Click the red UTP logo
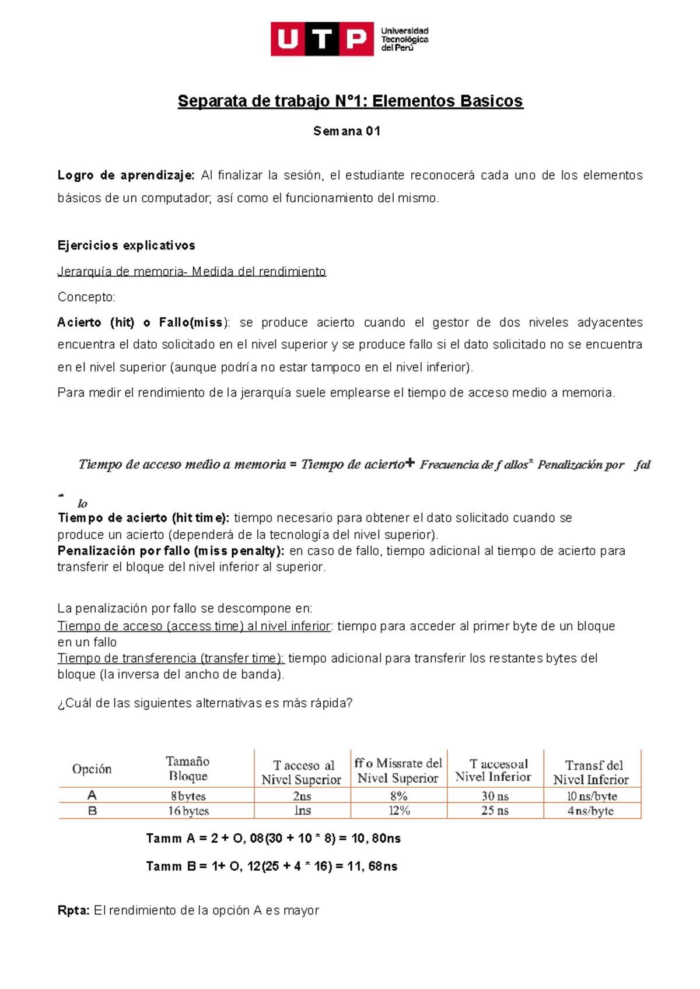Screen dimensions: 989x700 [321, 39]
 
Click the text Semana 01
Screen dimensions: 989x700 [346, 131]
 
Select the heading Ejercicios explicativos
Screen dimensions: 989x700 [126, 246]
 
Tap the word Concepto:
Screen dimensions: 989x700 [86, 297]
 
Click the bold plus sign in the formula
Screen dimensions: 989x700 [409, 463]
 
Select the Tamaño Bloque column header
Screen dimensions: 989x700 [187, 769]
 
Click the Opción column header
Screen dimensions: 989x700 [92, 769]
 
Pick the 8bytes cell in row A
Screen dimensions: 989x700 [188, 796]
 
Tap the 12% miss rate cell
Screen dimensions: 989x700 [399, 811]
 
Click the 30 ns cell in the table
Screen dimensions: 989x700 [495, 796]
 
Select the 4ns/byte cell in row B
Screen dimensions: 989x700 [590, 811]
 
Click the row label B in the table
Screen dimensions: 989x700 [92, 811]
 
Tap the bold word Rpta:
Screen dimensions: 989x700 [73, 910]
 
